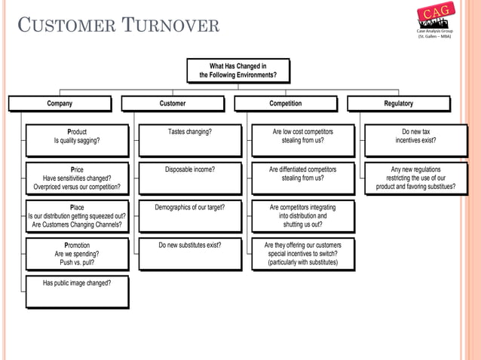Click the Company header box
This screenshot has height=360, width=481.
(60, 104)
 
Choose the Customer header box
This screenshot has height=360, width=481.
(173, 104)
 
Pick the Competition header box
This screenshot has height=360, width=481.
(286, 104)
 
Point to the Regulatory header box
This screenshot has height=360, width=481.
(398, 104)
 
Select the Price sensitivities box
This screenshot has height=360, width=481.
(76, 178)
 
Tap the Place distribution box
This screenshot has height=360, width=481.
(76, 215)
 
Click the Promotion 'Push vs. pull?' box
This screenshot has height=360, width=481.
(76, 255)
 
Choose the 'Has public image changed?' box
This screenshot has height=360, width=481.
(76, 291)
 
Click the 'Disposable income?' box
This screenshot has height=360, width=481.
(189, 178)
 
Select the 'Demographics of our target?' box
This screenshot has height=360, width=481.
(189, 215)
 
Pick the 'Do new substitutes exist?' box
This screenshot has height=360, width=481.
(189, 255)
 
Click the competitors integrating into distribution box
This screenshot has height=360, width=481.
(302, 215)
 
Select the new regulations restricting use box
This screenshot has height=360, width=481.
(415, 178)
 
